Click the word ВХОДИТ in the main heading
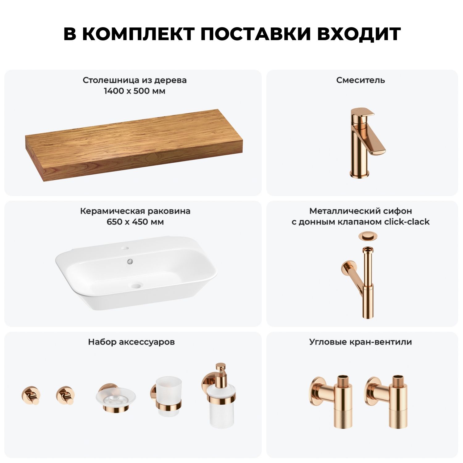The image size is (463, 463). coord(359,34)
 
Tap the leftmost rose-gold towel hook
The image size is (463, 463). coord(31,395)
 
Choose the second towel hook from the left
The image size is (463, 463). coord(66,395)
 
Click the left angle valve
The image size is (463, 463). coord(331,402)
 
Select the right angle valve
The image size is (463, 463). coord(386,402)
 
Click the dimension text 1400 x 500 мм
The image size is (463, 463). coord(135,91)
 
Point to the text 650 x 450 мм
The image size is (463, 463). coord(135,222)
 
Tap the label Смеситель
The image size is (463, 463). coord(361,80)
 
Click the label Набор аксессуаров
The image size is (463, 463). coord(131,342)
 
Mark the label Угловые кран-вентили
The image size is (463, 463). coord(361,342)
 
